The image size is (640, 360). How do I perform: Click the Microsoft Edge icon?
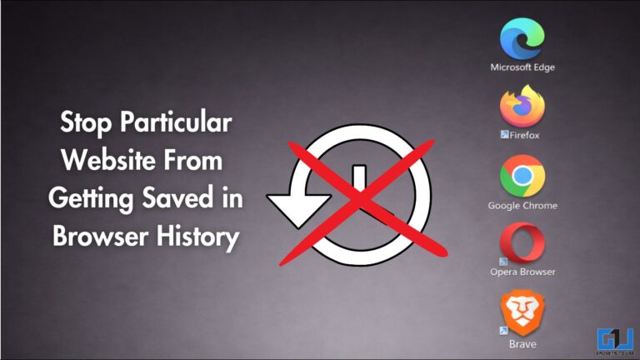point(522,38)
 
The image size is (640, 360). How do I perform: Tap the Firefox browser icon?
point(522,107)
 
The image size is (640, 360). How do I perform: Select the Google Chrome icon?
point(522,176)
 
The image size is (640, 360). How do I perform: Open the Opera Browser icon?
point(522,244)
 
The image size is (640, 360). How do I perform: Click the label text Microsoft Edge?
point(522,67)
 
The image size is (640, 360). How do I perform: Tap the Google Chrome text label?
point(522,205)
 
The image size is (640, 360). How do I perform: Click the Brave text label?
point(522,343)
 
